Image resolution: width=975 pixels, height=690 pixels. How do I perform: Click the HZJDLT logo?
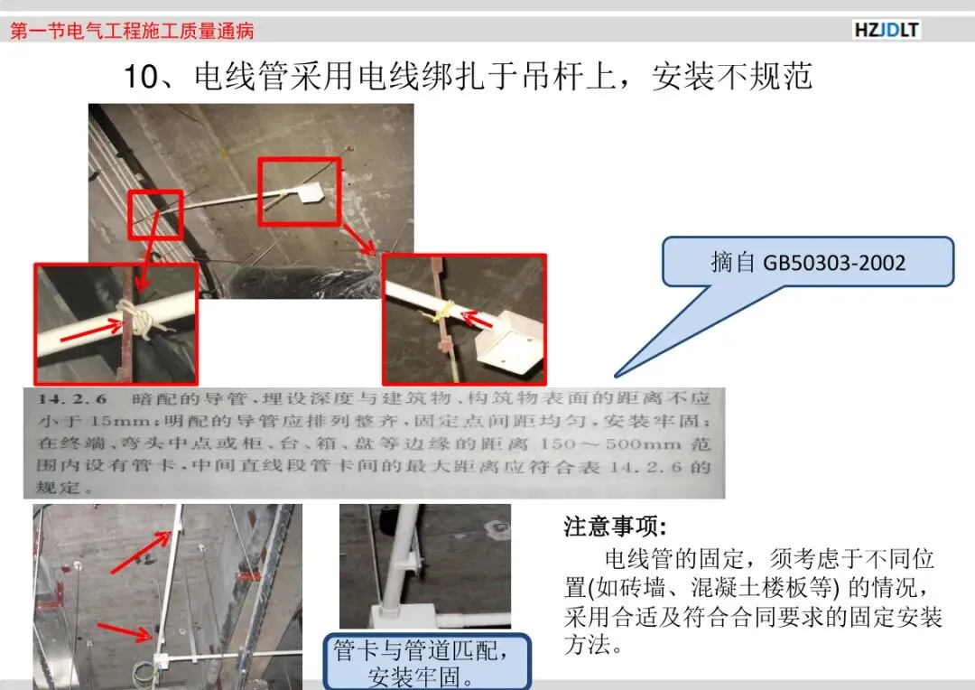pos(887,30)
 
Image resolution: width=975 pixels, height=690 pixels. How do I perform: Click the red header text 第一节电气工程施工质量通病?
pos(132,31)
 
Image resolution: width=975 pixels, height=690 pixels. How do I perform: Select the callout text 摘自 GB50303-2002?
pos(808,263)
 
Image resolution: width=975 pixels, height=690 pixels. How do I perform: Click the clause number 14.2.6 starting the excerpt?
pos(71,399)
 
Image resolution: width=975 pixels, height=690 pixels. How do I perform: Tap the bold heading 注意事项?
pos(615,527)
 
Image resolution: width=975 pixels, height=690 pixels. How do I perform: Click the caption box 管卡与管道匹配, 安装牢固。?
pos(426,662)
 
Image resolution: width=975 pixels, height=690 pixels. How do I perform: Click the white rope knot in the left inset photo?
pos(137,319)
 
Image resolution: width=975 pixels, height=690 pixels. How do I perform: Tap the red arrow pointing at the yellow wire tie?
pos(478,319)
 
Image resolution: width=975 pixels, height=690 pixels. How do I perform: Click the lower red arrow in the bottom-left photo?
pos(125,631)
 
